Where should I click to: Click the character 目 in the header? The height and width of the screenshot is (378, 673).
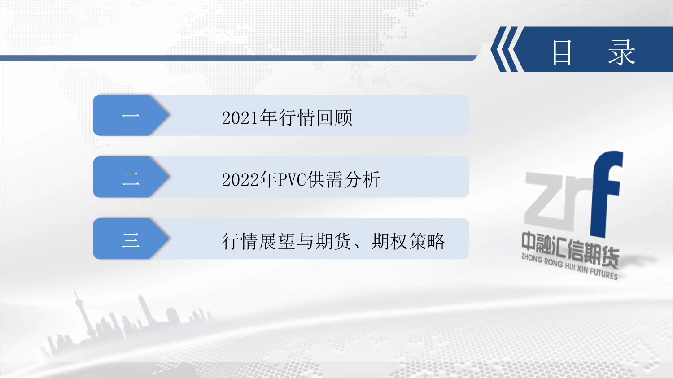562,52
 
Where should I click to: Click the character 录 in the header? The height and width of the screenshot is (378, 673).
622,52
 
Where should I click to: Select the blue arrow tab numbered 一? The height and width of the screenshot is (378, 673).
131,115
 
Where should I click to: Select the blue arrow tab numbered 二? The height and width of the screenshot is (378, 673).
131,177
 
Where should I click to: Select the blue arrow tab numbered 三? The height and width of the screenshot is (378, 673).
131,239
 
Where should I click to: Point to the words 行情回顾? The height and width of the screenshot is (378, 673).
316,117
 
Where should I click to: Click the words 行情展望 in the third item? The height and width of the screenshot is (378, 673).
259,241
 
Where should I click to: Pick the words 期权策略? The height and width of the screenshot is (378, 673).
408,241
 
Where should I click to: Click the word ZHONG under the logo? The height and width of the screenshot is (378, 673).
532,259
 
